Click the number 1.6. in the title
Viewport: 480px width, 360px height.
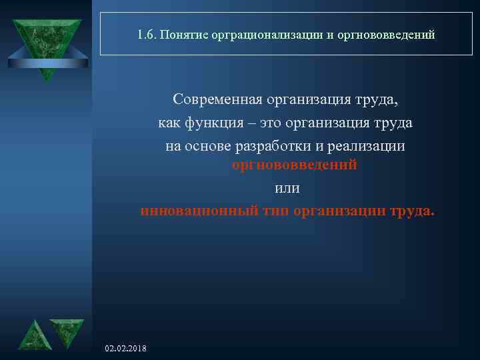[145, 34]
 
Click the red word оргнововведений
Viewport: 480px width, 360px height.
[294, 165]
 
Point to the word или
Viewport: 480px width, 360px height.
[287, 189]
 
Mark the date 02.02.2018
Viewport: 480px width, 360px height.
[126, 349]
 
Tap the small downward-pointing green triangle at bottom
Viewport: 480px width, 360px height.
[67, 331]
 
